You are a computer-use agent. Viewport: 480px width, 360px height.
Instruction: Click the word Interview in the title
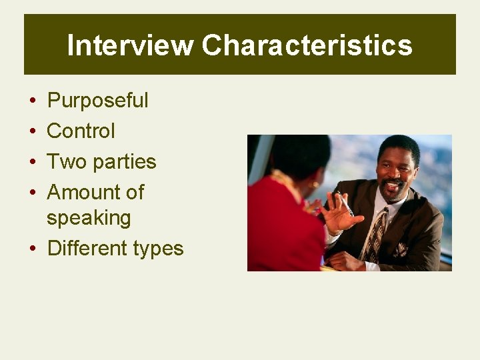[x=130, y=45]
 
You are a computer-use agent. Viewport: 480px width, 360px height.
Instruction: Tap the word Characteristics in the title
[x=307, y=45]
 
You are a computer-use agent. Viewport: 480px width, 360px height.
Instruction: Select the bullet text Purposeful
[x=98, y=101]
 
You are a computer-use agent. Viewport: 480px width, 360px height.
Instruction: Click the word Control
[x=81, y=131]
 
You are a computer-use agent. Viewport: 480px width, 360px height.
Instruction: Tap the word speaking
[x=89, y=218]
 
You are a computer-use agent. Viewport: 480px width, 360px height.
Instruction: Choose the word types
[x=158, y=249]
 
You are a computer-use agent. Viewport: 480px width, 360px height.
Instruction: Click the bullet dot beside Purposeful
[x=32, y=101]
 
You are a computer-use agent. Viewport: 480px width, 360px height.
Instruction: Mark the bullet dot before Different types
[x=32, y=249]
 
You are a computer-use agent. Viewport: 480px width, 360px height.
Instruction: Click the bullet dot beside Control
[x=32, y=131]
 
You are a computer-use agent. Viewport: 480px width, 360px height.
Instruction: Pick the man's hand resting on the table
[x=347, y=261]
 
